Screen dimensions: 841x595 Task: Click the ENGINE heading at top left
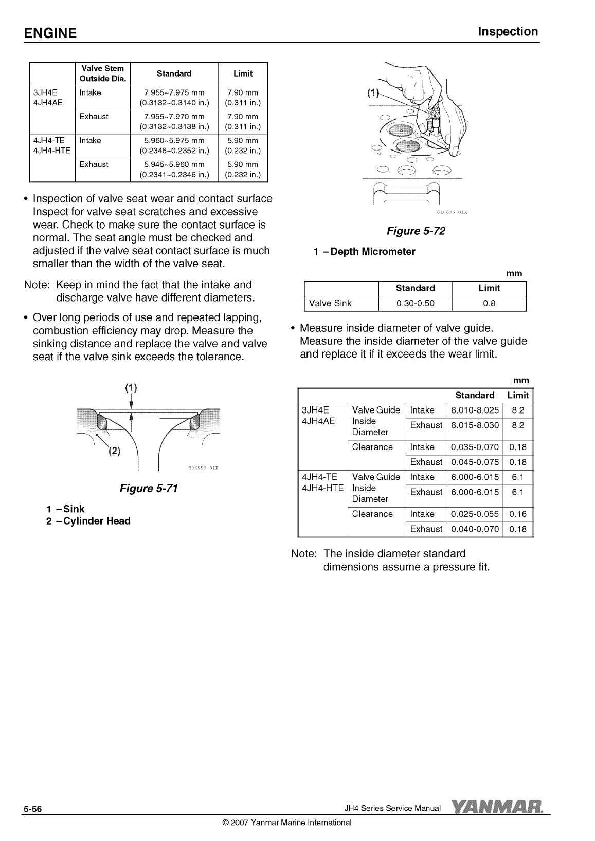[50, 33]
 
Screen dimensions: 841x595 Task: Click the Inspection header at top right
[508, 32]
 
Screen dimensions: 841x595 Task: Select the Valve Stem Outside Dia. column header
[102, 73]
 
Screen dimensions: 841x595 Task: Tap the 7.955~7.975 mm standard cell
[174, 93]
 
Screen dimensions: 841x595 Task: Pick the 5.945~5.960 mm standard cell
[174, 165]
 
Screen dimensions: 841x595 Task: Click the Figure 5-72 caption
[416, 231]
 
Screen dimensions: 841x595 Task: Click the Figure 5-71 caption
[148, 488]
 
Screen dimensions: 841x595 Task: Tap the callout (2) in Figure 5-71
[114, 452]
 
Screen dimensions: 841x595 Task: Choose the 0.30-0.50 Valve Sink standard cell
[415, 303]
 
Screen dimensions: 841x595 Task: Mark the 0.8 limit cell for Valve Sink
[489, 303]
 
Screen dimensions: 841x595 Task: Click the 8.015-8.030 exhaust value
[475, 425]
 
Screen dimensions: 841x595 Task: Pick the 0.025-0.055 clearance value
[475, 514]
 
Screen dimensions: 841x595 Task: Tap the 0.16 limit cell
[517, 514]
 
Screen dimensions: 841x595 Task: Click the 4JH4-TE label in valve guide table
[320, 477]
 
